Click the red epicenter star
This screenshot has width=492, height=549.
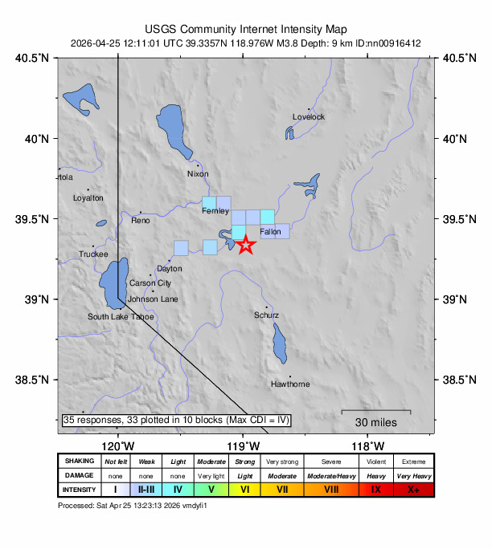pyautogui.click(x=245, y=245)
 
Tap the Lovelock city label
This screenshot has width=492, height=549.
pyautogui.click(x=309, y=117)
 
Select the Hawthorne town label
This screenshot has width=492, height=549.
pyautogui.click(x=290, y=384)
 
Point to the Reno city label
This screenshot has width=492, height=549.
pyautogui.click(x=141, y=220)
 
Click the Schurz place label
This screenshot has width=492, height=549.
pyautogui.click(x=267, y=315)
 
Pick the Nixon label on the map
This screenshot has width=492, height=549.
pyautogui.click(x=198, y=174)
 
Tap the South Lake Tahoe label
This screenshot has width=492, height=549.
pyautogui.click(x=121, y=317)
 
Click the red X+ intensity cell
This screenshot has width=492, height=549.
pyautogui.click(x=413, y=489)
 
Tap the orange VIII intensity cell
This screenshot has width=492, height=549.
pyautogui.click(x=331, y=489)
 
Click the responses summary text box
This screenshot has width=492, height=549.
pyautogui.click(x=176, y=420)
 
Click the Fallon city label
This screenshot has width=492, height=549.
pyautogui.click(x=270, y=232)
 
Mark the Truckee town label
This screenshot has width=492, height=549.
pyautogui.click(x=93, y=254)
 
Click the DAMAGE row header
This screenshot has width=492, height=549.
pyautogui.click(x=80, y=475)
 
